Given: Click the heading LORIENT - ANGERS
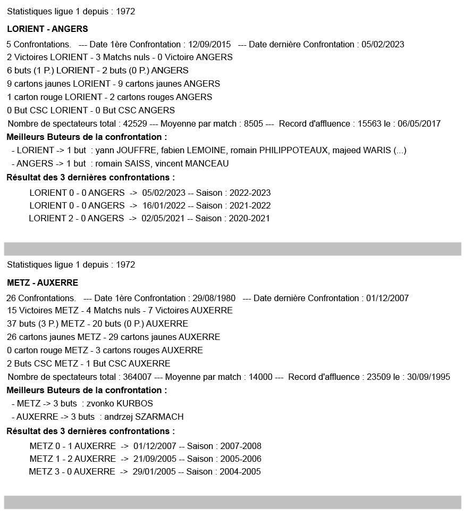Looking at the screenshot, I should (x=47, y=29).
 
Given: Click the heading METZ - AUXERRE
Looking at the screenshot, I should (x=43, y=283).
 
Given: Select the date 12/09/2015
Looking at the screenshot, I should (x=209, y=44).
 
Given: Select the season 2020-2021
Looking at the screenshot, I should (x=249, y=218).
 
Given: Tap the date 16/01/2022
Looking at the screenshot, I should (x=164, y=205).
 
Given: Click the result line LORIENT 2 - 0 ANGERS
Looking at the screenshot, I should (x=76, y=218).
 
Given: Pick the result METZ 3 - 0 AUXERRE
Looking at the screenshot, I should (x=72, y=471).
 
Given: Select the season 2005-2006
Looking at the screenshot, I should (x=240, y=459).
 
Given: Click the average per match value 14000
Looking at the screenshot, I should (x=261, y=377).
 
